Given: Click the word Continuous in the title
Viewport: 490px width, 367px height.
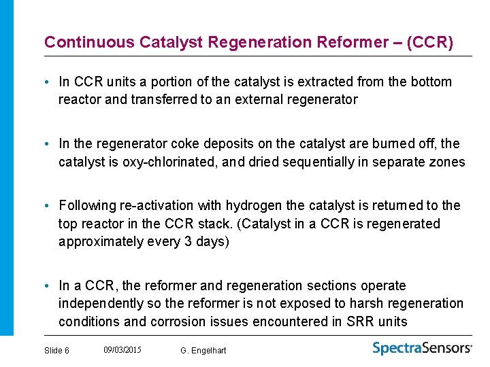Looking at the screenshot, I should (89, 42).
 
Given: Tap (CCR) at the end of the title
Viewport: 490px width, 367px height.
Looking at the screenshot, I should (429, 42).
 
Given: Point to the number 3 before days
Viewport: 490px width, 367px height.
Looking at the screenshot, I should (189, 242).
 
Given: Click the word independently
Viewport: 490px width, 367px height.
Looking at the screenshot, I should (101, 304).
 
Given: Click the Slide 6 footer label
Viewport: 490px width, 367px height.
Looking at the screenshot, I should (56, 350).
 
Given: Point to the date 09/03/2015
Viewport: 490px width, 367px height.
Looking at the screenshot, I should (122, 349).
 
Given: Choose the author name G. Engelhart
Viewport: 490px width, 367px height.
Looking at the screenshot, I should (203, 350).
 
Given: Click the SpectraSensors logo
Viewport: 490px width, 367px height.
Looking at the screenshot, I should (422, 348).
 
